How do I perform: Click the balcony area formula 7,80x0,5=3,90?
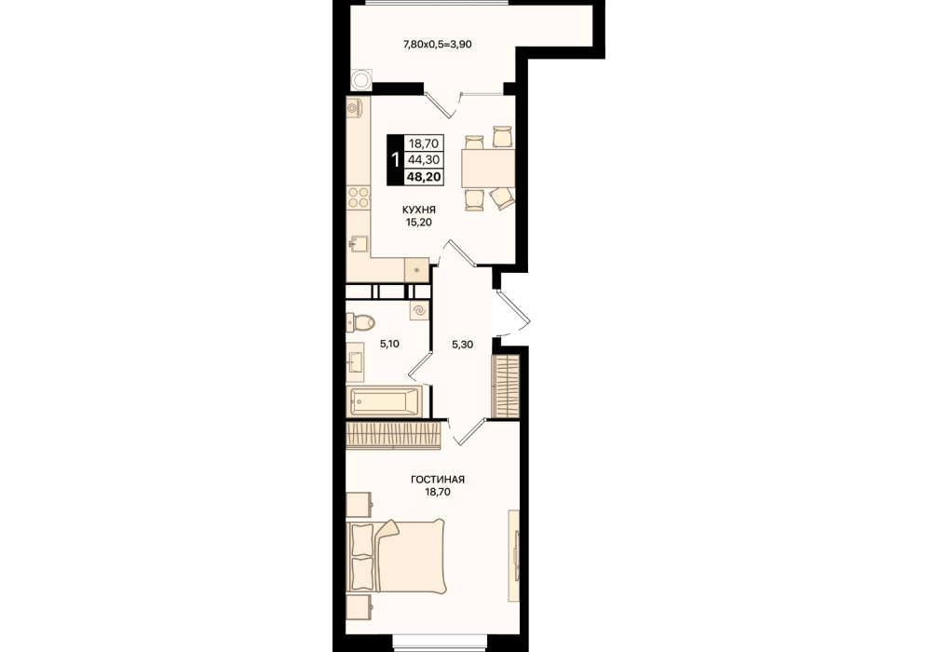tap(438, 44)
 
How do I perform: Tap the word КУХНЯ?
tap(419, 210)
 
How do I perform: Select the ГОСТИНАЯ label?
tap(438, 480)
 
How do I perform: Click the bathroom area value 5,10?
tap(389, 344)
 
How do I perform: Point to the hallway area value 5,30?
tap(462, 345)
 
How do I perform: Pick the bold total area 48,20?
tap(424, 176)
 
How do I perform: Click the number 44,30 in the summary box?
tap(425, 159)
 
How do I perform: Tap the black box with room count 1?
tap(394, 159)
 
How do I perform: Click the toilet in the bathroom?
tap(360, 322)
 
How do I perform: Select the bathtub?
tap(385, 401)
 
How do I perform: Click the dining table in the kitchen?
tap(488, 168)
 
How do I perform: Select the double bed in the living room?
tap(396, 556)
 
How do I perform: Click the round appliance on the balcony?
tap(361, 79)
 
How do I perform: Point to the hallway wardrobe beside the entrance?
tap(505, 386)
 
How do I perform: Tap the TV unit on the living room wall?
tap(513, 555)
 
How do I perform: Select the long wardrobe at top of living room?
tap(394, 434)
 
